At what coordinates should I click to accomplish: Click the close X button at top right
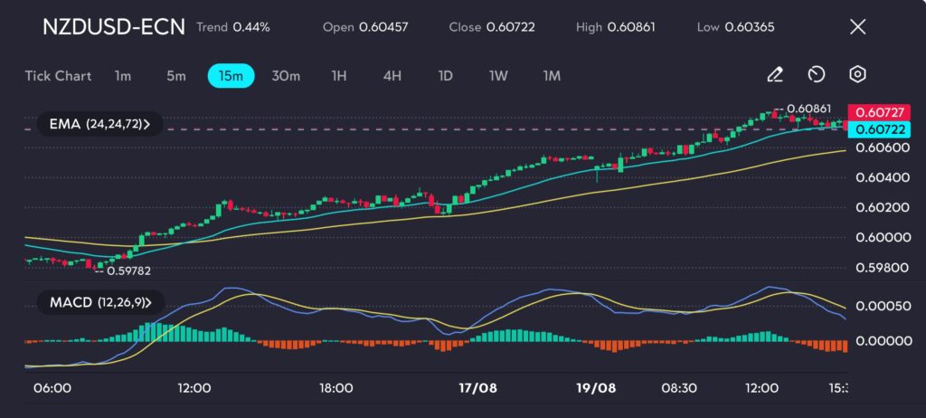coord(857,27)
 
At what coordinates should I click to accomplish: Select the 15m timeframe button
coord(231,76)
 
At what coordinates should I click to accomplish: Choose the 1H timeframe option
coord(338,76)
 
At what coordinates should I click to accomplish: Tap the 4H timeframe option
coord(392,76)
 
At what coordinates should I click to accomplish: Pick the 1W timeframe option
coord(498,76)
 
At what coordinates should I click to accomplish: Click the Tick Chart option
coord(58,76)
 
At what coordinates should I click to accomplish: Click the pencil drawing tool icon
coord(775,75)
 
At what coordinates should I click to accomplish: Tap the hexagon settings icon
coord(857,75)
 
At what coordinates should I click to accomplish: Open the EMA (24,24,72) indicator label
coord(99,124)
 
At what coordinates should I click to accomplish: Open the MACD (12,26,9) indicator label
coord(99,301)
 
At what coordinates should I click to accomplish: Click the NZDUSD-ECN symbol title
coord(113,27)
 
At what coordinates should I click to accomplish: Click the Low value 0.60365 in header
coord(749,27)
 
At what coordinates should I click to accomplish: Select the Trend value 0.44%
coord(251,27)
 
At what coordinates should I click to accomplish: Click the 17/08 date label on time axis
coord(477,387)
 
